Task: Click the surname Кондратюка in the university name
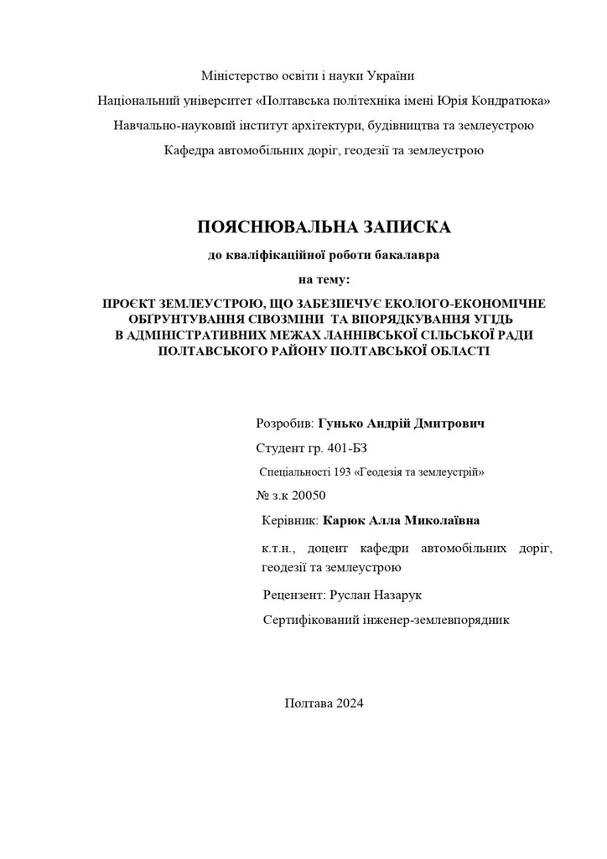[x=508, y=101]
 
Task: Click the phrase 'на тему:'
[x=324, y=279]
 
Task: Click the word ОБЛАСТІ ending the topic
[x=453, y=351]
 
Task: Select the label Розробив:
[x=284, y=424]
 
